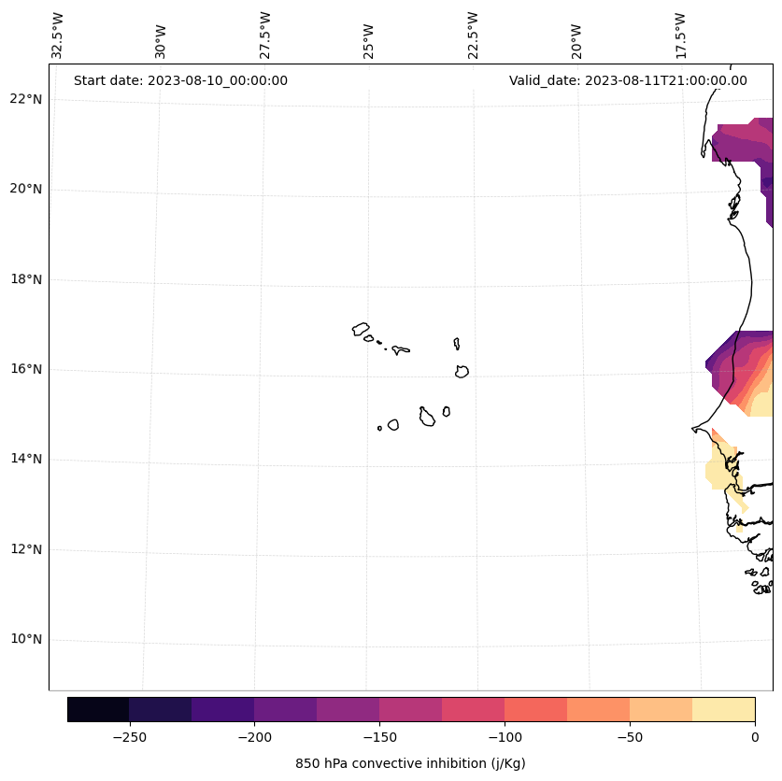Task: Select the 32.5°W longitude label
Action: click(x=58, y=36)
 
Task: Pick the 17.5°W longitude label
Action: click(x=681, y=36)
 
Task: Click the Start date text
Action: click(x=180, y=80)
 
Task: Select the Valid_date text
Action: click(x=628, y=80)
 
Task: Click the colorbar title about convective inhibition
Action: click(x=410, y=763)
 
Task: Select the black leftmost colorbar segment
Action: click(x=98, y=709)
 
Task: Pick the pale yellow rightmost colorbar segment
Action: click(x=723, y=709)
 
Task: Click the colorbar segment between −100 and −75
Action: click(x=535, y=709)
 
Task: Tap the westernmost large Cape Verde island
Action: click(x=361, y=329)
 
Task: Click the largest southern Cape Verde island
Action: click(x=426, y=417)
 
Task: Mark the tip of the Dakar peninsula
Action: click(x=693, y=430)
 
